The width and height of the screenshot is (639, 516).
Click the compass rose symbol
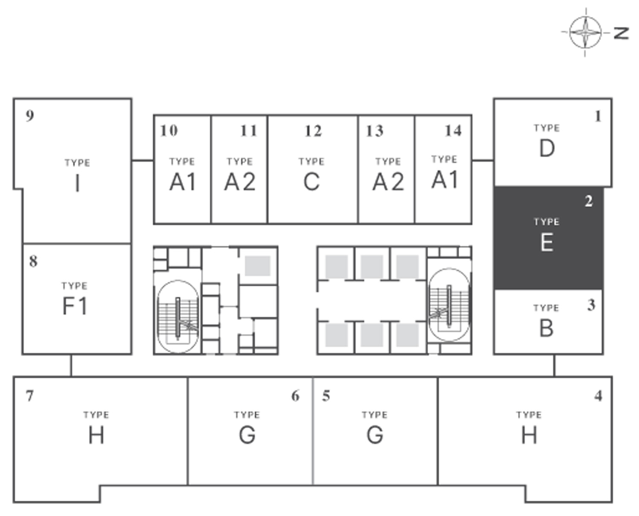tap(586, 32)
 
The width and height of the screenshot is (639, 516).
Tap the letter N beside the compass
tap(621, 33)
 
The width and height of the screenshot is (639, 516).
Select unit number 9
tap(30, 115)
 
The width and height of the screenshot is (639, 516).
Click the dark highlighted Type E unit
tap(548, 238)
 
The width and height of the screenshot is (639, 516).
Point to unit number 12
tap(313, 131)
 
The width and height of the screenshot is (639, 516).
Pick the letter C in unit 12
tap(311, 182)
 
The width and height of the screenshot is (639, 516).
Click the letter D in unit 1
tap(547, 149)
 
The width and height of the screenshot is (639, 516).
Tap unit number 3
tap(591, 305)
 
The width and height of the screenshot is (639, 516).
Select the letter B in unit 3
tap(546, 329)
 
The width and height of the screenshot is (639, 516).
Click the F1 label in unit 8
tap(75, 306)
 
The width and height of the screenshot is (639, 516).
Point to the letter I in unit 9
tap(77, 184)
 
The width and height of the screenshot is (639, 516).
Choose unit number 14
tap(453, 131)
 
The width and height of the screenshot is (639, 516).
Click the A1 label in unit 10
tap(183, 182)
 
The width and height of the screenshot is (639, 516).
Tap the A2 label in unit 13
tap(388, 182)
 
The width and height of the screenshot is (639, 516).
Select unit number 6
tap(295, 396)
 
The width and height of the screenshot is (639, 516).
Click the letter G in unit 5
tap(375, 435)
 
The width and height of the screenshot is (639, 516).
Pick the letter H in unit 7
tap(96, 435)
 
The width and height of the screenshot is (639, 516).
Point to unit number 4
tap(599, 396)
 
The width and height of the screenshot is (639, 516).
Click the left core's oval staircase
tap(178, 316)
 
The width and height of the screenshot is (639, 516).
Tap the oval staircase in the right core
tap(449, 305)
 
